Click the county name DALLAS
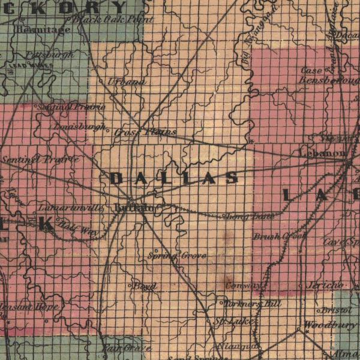(174, 178)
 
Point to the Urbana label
(127, 82)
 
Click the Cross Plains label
(146, 131)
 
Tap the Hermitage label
(43, 29)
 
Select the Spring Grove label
(177, 256)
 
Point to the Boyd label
(145, 286)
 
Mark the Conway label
(244, 286)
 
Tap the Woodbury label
(329, 325)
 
